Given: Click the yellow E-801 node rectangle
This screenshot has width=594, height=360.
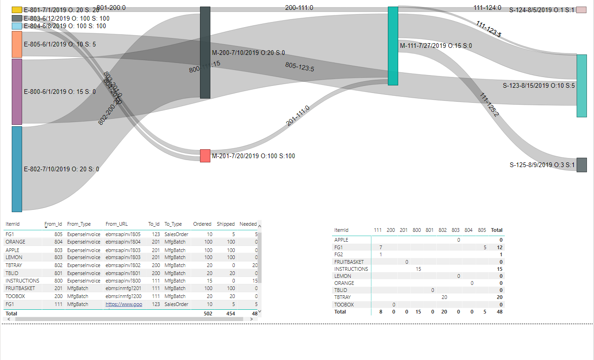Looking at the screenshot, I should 17,10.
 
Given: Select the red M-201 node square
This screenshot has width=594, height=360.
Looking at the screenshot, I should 205,156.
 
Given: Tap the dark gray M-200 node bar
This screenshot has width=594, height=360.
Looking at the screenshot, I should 205,53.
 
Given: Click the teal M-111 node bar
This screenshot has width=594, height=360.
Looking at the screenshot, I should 393,46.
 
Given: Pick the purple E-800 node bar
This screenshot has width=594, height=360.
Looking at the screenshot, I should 17,92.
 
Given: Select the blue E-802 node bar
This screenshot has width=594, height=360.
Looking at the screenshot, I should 17,169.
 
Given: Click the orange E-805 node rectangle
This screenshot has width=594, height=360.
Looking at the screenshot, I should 17,45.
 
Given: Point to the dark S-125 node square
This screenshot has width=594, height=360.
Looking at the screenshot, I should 582,165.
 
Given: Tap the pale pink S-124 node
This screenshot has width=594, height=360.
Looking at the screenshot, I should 581,10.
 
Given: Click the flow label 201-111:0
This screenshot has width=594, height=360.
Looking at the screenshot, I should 298,116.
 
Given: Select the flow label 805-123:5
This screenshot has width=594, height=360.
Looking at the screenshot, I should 300,67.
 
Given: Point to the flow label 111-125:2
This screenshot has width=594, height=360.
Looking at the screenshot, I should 489,105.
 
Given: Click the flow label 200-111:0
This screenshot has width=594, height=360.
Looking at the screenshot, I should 299,8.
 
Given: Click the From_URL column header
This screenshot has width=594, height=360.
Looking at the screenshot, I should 116,224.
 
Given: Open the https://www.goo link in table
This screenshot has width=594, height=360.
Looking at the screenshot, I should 123,304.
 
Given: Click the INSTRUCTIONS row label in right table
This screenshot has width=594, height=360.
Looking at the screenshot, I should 351,269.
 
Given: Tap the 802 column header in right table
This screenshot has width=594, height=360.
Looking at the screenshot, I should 442,230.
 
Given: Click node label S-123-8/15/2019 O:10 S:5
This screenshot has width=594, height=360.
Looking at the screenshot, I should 539,85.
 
